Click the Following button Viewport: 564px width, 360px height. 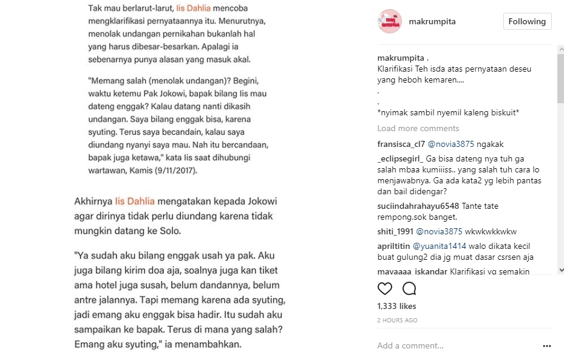[x=527, y=21]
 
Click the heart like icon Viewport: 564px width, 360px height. [x=385, y=288]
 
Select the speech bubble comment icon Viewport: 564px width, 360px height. [x=409, y=288]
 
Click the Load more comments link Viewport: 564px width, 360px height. [x=418, y=128]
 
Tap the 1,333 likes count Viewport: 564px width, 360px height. [x=396, y=306]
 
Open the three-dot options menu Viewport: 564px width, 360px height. [x=547, y=346]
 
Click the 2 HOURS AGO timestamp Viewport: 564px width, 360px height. [x=397, y=320]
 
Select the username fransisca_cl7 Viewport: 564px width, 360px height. [x=401, y=144]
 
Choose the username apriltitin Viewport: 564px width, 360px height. [x=393, y=246]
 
